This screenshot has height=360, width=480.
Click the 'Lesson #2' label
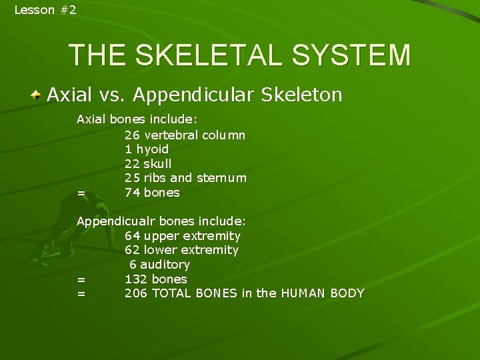45,9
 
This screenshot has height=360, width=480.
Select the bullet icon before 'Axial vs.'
39,95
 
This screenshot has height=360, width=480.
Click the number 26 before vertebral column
132,135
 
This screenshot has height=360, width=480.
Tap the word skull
157,164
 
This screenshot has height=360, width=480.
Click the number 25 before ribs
132,178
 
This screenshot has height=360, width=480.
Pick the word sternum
223,178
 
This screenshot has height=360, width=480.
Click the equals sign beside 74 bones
81,193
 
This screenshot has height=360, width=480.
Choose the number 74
132,193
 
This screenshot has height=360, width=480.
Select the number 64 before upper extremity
132,235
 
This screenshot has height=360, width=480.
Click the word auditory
165,265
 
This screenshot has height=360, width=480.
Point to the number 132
136,279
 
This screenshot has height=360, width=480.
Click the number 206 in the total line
136,293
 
